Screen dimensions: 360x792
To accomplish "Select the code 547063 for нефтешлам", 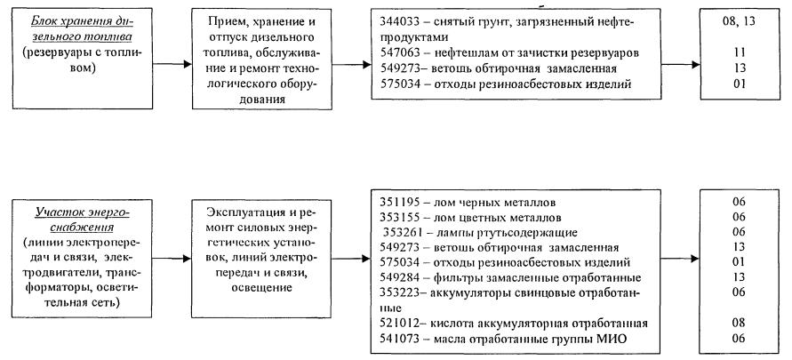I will point(397,52).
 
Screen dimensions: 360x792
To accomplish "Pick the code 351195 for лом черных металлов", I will point(397,201).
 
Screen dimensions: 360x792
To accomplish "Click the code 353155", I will point(397,216).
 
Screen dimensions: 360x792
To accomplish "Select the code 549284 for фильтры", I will point(397,277).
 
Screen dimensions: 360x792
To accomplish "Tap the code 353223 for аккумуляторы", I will point(397,292).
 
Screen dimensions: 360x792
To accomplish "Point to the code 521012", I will point(397,324).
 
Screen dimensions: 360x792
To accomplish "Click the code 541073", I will point(397,339).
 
